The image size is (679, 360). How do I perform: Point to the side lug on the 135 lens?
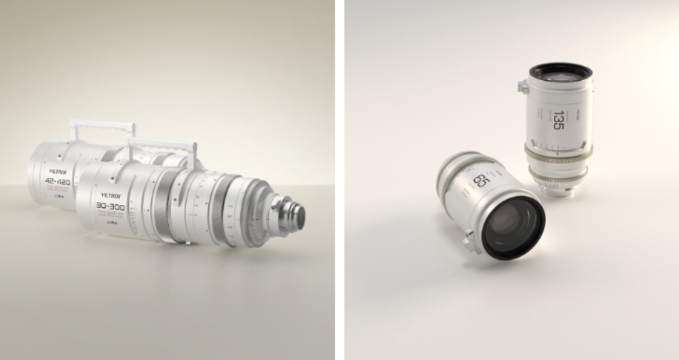pyautogui.click(x=523, y=87)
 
